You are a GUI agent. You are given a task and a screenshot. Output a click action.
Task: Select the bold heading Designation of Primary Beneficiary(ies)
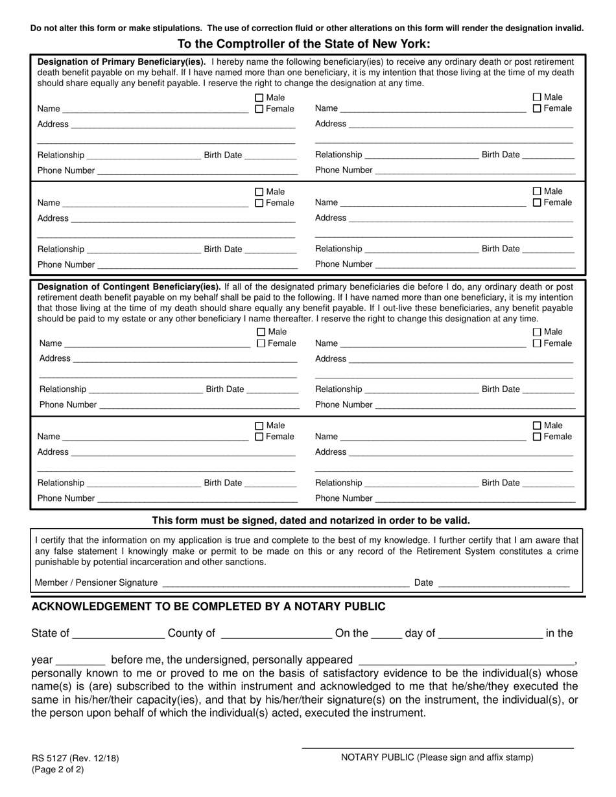click(121, 62)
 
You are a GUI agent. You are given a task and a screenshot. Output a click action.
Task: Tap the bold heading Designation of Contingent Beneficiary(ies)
click(130, 286)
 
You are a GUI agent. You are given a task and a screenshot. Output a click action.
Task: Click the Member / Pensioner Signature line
click(285, 583)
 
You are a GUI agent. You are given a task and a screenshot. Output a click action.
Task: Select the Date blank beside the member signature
click(504, 583)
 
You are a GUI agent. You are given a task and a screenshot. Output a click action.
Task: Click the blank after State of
click(119, 634)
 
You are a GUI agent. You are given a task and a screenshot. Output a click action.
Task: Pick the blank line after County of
click(276, 634)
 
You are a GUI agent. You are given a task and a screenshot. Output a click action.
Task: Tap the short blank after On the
click(386, 634)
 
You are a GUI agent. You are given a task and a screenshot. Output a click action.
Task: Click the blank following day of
click(490, 634)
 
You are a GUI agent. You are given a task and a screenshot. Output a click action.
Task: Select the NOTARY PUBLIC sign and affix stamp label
click(437, 757)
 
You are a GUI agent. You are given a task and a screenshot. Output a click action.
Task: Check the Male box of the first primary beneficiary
click(259, 98)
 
